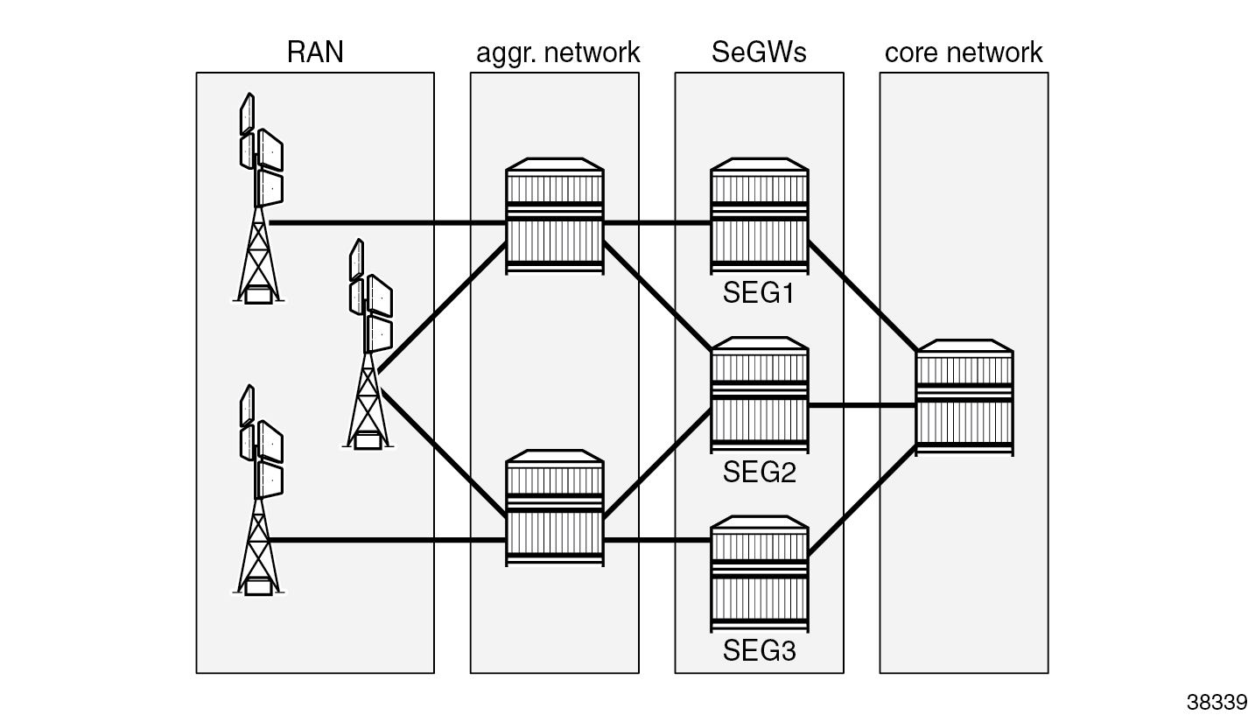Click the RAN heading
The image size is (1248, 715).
(315, 53)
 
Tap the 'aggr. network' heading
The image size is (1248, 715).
(557, 53)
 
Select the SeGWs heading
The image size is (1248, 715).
(759, 53)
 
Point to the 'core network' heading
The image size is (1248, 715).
(964, 53)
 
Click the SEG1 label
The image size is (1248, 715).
(758, 292)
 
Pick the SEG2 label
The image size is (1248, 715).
(759, 473)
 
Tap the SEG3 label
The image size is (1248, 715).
(759, 651)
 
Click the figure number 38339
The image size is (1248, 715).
(1216, 702)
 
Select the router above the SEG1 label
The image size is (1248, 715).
(759, 215)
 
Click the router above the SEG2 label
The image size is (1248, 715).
(759, 395)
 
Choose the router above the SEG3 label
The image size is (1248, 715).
(759, 574)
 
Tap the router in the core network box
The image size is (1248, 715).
(964, 397)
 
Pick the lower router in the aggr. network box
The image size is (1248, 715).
(555, 508)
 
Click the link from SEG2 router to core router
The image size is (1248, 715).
(861, 406)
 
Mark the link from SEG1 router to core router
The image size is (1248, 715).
(861, 298)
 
